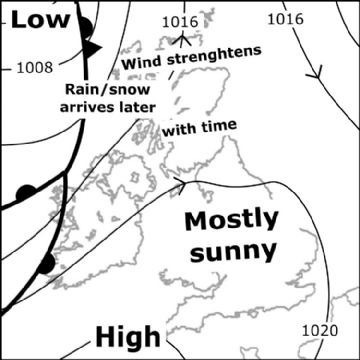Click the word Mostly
[x=234, y=220]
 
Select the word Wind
[x=141, y=63]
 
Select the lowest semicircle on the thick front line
[x=45, y=264]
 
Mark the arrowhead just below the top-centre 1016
[x=184, y=39]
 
